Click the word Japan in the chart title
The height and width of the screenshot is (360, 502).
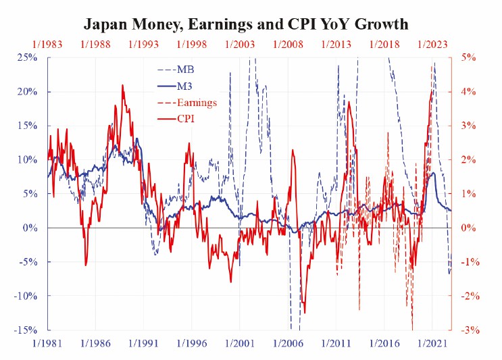pyautogui.click(x=104, y=24)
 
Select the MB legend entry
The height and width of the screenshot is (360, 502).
pyautogui.click(x=176, y=70)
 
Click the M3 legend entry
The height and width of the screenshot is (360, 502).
pyautogui.click(x=175, y=86)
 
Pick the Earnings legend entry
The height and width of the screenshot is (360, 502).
pyautogui.click(x=187, y=103)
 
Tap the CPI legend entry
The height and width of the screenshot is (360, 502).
pyautogui.click(x=176, y=119)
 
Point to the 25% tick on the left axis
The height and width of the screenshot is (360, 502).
pyautogui.click(x=27, y=58)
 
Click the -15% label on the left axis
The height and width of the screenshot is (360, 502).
pyautogui.click(x=25, y=330)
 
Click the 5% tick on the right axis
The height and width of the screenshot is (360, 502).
pyautogui.click(x=468, y=58)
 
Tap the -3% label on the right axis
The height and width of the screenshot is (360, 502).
pyautogui.click(x=470, y=330)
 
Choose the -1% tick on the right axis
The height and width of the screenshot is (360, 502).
pyautogui.click(x=470, y=262)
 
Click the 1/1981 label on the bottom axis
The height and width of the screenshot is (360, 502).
pyautogui.click(x=47, y=344)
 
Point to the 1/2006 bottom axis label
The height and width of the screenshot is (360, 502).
pyautogui.click(x=288, y=344)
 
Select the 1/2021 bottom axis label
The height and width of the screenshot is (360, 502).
pyautogui.click(x=432, y=344)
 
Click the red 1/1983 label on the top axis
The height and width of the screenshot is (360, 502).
pyautogui.click(x=47, y=44)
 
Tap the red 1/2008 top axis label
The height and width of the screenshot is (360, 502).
pyautogui.click(x=288, y=44)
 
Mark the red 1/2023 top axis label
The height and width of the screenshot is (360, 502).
pyautogui.click(x=432, y=44)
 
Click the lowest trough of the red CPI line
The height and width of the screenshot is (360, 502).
pyautogui.click(x=305, y=313)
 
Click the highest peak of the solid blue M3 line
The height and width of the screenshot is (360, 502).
pyautogui.click(x=137, y=138)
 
